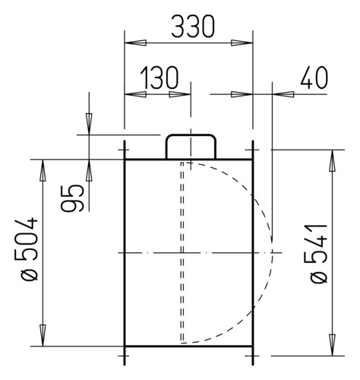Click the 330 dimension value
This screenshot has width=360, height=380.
coord(193,27)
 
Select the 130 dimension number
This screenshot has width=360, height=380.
coord(159,78)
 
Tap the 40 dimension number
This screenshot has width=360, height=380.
coord(314,78)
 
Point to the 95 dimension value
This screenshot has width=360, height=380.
coord(72,198)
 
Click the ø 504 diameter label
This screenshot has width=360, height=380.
coord(30,249)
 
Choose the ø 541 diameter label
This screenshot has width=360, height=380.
coord(318,254)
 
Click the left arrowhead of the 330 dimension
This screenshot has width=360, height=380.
coord(135,43)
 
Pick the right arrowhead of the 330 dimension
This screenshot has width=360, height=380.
coord(242,43)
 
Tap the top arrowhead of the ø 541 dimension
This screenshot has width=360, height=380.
coord(332,160)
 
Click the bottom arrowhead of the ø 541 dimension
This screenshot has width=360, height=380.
coord(332,345)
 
